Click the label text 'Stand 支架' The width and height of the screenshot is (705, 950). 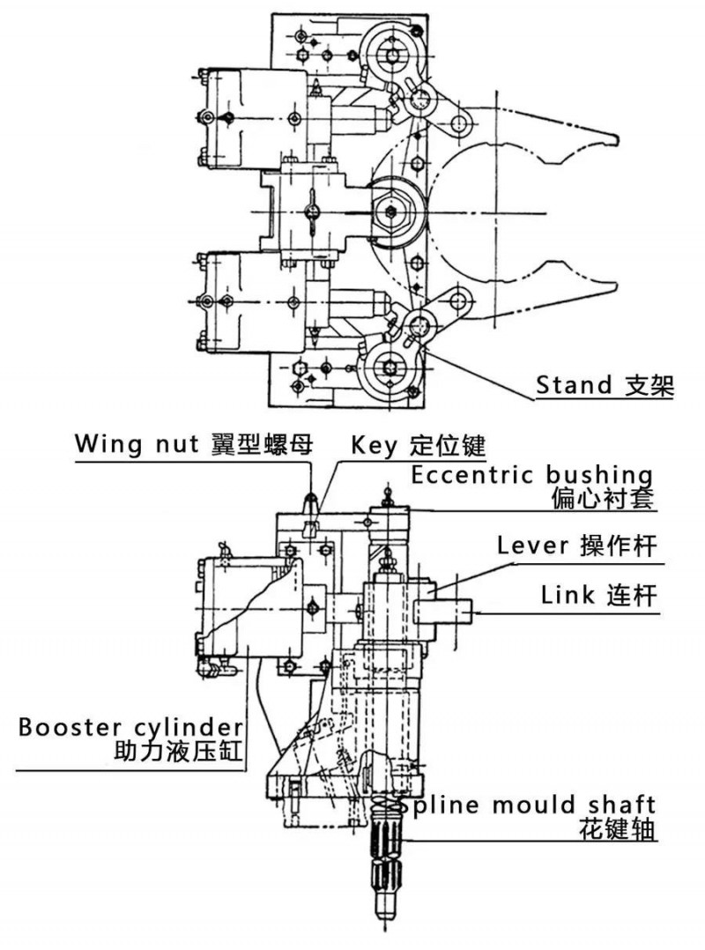pos(605,385)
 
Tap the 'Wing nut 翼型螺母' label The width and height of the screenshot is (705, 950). pos(193,443)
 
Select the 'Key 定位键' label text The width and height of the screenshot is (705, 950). pos(418,443)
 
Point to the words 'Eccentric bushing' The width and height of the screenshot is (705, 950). pos(532,475)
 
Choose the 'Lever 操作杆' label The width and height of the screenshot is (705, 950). pos(577,546)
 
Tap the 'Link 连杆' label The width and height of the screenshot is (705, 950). pos(599,596)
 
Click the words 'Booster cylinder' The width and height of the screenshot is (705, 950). pos(130,728)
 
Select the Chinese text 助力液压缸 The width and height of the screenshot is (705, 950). pos(179,753)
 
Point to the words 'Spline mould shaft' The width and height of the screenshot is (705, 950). pos(526,805)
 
